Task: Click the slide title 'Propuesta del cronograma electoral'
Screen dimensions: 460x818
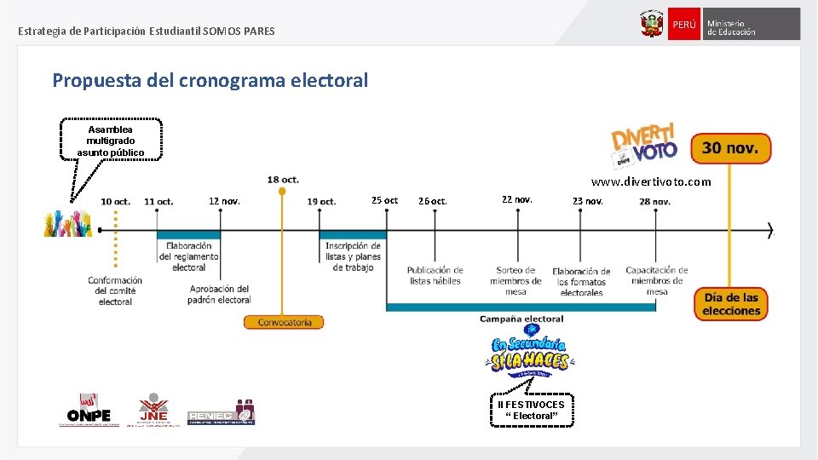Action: (x=210, y=81)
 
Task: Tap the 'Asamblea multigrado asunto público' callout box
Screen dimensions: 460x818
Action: (x=111, y=141)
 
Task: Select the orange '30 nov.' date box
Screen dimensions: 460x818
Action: (x=730, y=148)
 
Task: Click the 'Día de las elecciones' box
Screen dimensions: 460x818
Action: (x=730, y=304)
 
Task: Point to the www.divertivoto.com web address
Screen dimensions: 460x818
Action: (x=651, y=182)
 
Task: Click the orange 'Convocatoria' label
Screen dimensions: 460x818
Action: (x=284, y=323)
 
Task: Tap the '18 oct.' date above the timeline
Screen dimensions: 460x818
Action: (x=283, y=180)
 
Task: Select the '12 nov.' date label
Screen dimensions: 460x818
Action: (x=224, y=202)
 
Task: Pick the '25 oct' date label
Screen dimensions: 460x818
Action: (x=384, y=201)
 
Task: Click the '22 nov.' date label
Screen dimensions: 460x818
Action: (x=517, y=199)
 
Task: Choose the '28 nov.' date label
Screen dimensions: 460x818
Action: (x=655, y=202)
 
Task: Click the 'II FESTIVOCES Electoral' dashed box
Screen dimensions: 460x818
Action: (x=531, y=410)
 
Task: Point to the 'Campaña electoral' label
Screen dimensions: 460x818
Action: (x=521, y=319)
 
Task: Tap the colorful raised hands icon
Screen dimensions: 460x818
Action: (x=67, y=223)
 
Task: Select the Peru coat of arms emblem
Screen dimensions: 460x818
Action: (x=652, y=24)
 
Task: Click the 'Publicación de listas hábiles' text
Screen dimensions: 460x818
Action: (x=435, y=275)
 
